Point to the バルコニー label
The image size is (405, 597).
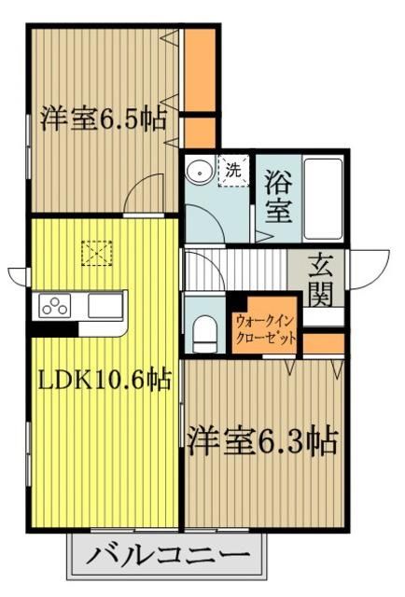tap(169, 559)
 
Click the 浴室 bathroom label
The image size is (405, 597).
tap(278, 195)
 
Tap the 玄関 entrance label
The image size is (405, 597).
tap(322, 280)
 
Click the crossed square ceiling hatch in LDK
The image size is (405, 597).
tap(96, 252)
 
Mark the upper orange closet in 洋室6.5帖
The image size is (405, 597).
tap(198, 70)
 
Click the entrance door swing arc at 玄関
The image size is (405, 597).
tap(365, 266)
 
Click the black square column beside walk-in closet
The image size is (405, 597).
tap(237, 302)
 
